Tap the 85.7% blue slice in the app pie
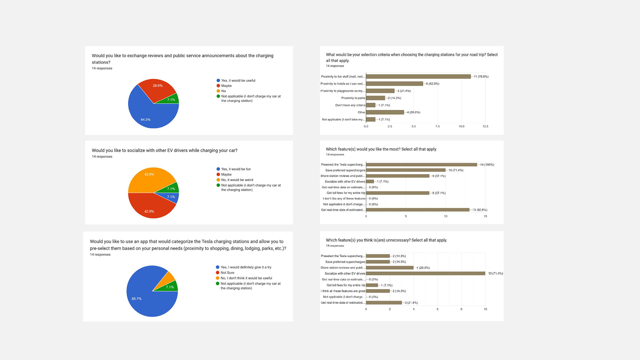pyautogui.click(x=143, y=293)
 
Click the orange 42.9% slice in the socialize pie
pyautogui.click(x=148, y=178)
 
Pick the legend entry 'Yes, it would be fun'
pyautogui.click(x=236, y=169)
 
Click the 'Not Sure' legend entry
pyautogui.click(x=227, y=273)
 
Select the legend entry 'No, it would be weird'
pyautogui.click(x=237, y=180)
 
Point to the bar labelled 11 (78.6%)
pyautogui.click(x=418, y=76)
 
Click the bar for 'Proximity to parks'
pyautogui.click(x=375, y=98)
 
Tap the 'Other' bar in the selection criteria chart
pyautogui.click(x=385, y=112)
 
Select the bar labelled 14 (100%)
pyautogui.click(x=421, y=165)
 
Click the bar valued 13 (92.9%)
pyautogui.click(x=418, y=210)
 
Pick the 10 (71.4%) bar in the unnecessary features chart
pyautogui.click(x=425, y=273)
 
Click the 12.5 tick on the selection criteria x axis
pyautogui.click(x=485, y=126)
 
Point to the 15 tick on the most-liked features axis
pyautogui.click(x=485, y=216)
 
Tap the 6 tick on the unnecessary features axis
pyautogui.click(x=437, y=309)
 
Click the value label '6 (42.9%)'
pyautogui.click(x=432, y=84)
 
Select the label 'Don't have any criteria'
pyautogui.click(x=350, y=105)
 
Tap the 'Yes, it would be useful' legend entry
pyautogui.click(x=238, y=81)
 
